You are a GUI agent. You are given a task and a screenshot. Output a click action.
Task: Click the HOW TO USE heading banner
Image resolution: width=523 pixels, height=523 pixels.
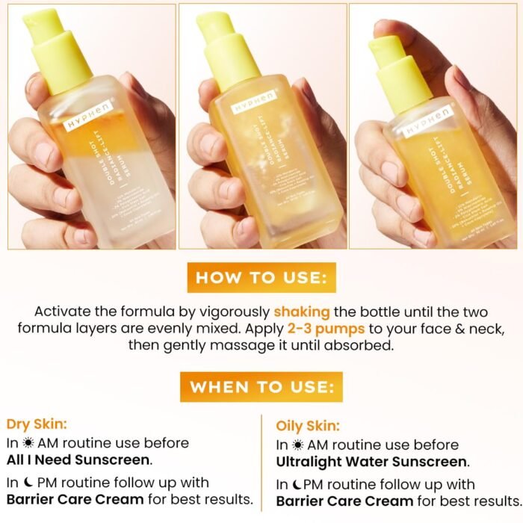click(x=261, y=278)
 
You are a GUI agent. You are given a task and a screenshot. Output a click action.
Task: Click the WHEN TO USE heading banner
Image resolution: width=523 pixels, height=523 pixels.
click(x=261, y=387)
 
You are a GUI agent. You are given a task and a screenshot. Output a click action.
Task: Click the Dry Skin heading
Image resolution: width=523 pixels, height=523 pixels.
click(x=37, y=424)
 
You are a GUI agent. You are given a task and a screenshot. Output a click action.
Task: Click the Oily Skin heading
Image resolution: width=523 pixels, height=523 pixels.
click(x=308, y=426)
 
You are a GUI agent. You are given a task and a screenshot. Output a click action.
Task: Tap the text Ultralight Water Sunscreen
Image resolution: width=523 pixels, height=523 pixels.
click(x=372, y=462)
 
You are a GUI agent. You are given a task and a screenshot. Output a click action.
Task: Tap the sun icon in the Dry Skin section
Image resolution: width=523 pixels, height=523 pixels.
click(x=27, y=443)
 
